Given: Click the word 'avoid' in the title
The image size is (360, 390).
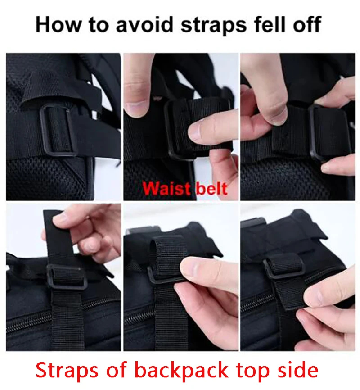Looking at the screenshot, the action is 144,24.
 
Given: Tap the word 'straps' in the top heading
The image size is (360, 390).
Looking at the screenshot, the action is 214,26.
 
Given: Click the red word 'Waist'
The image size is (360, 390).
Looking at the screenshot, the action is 167,189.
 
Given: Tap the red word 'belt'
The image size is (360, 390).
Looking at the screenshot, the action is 211,189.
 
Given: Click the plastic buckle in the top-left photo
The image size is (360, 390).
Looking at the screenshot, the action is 58,130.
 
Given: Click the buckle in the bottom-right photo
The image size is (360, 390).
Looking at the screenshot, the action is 283,268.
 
